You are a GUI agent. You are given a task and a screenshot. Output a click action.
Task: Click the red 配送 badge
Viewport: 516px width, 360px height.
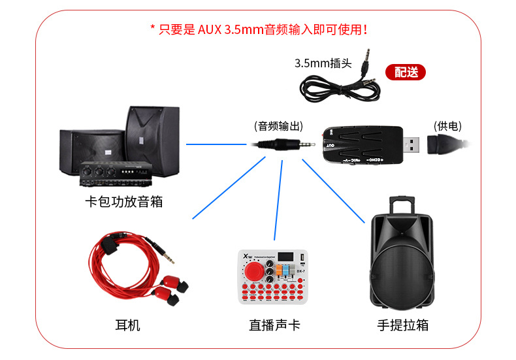[406, 71]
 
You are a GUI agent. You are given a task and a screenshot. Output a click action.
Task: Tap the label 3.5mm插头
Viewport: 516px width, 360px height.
[323, 63]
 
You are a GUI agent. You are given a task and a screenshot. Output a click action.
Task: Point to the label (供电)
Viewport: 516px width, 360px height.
[448, 126]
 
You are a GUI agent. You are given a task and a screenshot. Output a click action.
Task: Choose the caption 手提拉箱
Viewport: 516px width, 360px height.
[403, 325]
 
